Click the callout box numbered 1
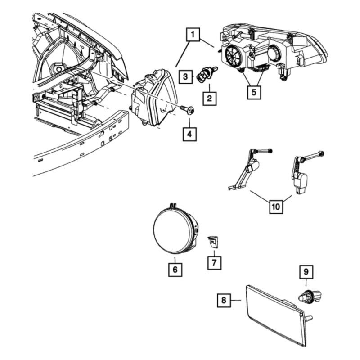[x=193, y=35]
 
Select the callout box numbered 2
[x=209, y=99]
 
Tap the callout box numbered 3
[x=185, y=76]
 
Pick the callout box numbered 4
[x=189, y=134]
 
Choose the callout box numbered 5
[x=254, y=92]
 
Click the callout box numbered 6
[x=175, y=269]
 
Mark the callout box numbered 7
[x=214, y=262]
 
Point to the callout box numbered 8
[x=224, y=300]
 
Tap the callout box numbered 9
[x=306, y=272]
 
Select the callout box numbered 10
[x=276, y=207]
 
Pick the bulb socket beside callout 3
[x=207, y=73]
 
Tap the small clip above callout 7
[x=213, y=242]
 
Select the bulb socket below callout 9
[x=310, y=296]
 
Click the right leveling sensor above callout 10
[x=303, y=172]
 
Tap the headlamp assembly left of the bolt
[x=154, y=98]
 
